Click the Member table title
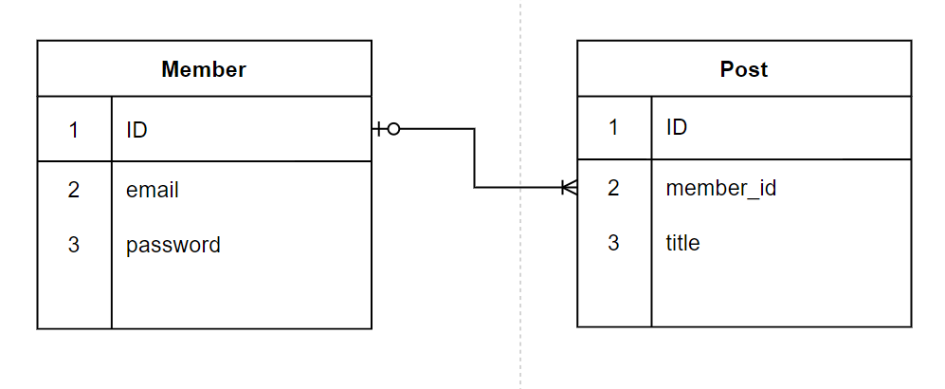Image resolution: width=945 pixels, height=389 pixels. pos(204,69)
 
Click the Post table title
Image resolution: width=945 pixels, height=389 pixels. pos(744,69)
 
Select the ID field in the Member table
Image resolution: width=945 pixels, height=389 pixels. pos(137,130)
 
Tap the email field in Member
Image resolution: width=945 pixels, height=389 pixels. pos(153,190)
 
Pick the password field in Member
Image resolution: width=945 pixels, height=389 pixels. pos(173,245)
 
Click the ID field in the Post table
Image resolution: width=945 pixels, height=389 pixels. pos(677,127)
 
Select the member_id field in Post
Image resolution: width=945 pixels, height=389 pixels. pos(721,188)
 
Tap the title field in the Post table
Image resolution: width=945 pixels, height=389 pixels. pos(683,243)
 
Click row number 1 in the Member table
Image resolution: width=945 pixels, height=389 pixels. pos(74,130)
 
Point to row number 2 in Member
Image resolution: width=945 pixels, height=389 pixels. pos(74,190)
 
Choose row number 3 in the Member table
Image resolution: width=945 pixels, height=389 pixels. pos(74,245)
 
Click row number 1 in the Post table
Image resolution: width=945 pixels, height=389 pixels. pos(613,127)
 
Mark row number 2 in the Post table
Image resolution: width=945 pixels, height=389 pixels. pos(613,188)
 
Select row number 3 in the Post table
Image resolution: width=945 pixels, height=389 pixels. pos(613,243)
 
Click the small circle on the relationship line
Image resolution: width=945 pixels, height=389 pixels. pos(394,129)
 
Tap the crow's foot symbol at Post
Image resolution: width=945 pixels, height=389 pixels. pos(569,188)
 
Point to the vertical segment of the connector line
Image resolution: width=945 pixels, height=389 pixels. pos(474,158)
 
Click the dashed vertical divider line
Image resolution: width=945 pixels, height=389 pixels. pos(520,285)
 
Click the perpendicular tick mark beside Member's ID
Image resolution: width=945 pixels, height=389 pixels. pos(380,129)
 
